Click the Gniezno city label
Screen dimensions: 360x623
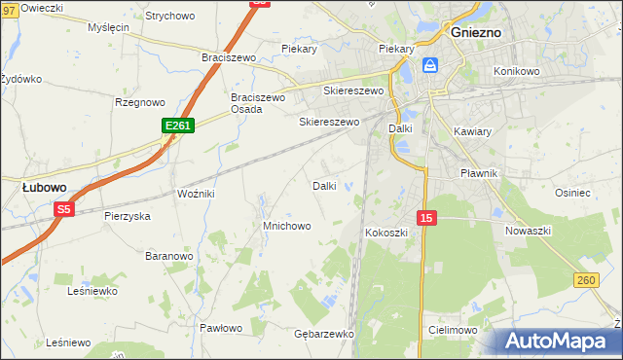[476, 31]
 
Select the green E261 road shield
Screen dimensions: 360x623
[178, 126]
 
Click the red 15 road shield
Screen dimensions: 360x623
[424, 218]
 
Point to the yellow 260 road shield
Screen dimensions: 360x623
[585, 281]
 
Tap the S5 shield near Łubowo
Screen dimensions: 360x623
[64, 208]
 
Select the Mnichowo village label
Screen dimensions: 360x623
[286, 226]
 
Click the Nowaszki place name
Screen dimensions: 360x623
[529, 231]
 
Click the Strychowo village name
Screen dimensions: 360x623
[169, 16]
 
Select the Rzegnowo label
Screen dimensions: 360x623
[139, 102]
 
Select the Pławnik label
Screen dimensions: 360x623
[478, 172]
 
